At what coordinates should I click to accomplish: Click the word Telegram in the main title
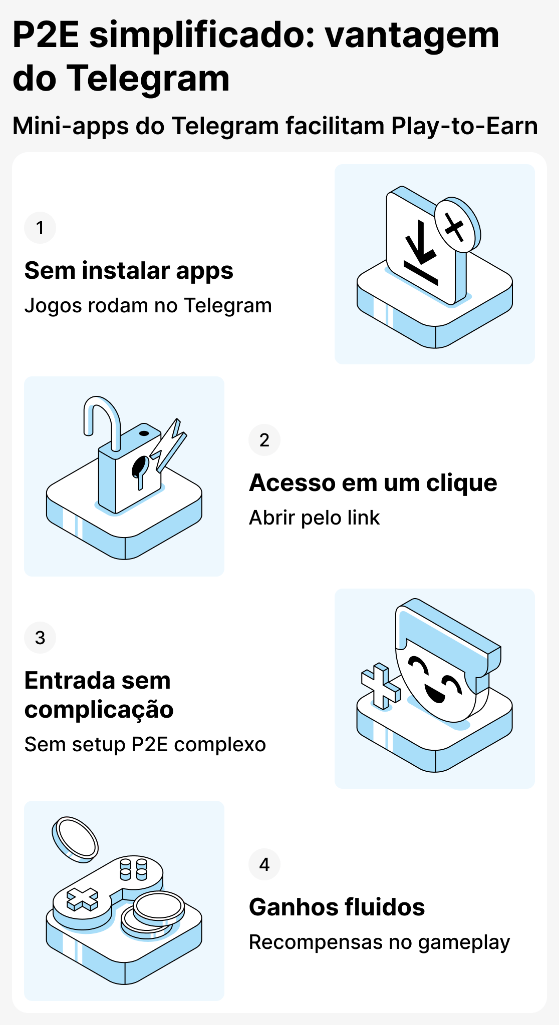coord(148,78)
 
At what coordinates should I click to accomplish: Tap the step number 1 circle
coord(40,228)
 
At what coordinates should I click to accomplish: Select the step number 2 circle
coord(264,440)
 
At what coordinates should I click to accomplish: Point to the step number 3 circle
coord(40,638)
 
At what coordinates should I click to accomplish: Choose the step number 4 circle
coord(264,864)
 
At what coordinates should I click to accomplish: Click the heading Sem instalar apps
coord(129,271)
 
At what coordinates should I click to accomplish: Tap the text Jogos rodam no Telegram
coord(148,305)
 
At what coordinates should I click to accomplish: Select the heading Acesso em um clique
coord(373,483)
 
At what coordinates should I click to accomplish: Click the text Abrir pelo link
coord(315,518)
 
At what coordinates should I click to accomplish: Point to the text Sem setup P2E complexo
coord(145,744)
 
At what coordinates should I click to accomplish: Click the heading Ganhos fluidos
coord(337,907)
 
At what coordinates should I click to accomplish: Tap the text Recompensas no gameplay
coord(379,942)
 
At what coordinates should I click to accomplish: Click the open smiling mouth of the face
coord(433,693)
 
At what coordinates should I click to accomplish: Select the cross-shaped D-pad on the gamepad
coord(83,899)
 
